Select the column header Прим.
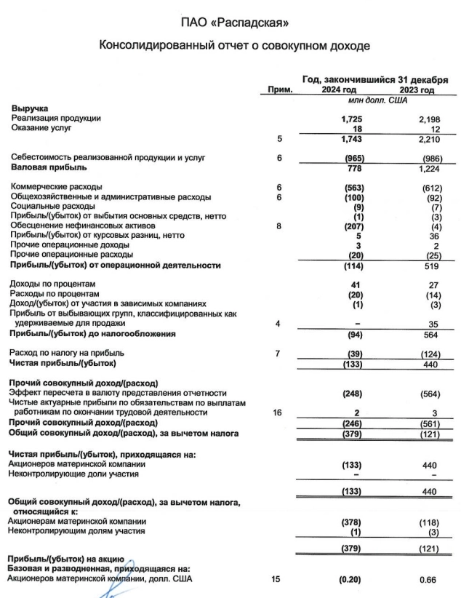coord(278,90)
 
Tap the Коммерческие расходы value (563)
coord(351,187)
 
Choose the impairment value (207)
coord(351,226)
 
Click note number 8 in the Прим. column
coord(278,226)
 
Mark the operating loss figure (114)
coord(351,266)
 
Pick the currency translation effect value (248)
coord(351,393)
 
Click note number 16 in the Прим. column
coord(278,412)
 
